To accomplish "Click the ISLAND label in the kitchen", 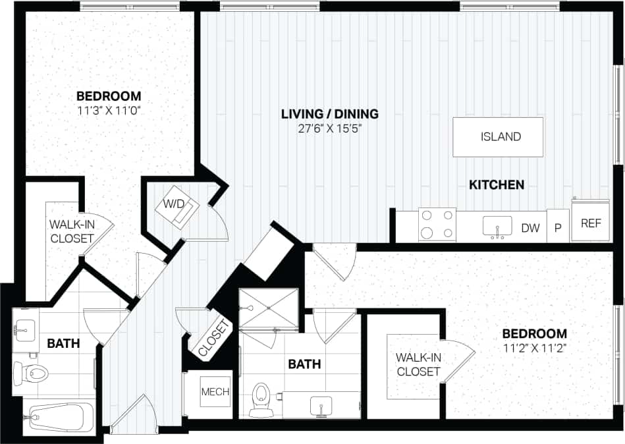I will point(501,137).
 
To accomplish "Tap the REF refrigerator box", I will point(591,223).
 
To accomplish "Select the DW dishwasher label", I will point(530,228).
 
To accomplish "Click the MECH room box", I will point(215,392).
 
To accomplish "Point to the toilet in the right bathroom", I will point(261,398).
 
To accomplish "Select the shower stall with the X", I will point(267,308).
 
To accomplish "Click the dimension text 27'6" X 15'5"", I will point(329,128).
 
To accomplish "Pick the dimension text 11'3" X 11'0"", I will point(109,110).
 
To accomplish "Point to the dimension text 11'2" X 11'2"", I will point(534,347).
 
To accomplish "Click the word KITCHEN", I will point(496,185).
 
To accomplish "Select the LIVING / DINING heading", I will point(329,114).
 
